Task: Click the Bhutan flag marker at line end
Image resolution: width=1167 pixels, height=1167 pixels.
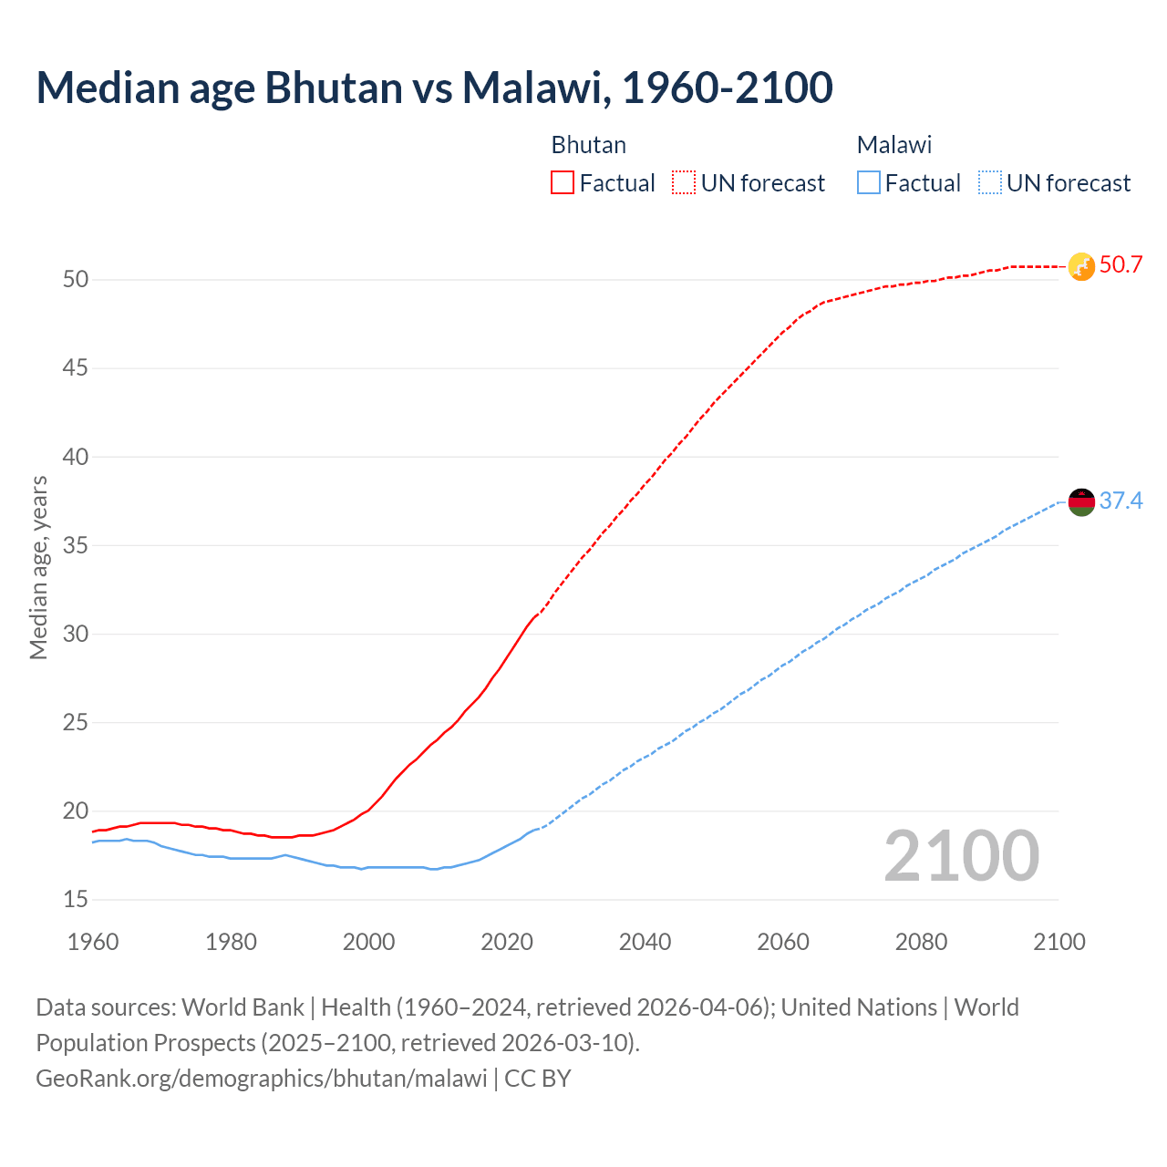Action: (x=1081, y=266)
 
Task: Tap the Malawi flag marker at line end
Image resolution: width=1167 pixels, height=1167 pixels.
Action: (x=1081, y=501)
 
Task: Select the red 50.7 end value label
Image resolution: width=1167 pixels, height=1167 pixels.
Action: (x=1121, y=265)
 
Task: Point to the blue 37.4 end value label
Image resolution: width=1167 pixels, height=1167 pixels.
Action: (x=1121, y=501)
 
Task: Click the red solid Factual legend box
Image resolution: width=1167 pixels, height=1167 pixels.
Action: (x=563, y=183)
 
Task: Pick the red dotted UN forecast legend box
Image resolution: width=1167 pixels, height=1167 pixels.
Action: (x=684, y=183)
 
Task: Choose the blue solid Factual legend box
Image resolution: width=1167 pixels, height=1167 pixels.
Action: (x=869, y=183)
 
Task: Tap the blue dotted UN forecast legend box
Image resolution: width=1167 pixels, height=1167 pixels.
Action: (x=990, y=183)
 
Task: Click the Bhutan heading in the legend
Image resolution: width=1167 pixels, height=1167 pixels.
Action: (x=588, y=145)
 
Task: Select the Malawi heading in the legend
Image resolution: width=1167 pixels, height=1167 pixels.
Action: (x=893, y=145)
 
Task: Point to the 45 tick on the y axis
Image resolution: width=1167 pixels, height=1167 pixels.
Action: (x=76, y=368)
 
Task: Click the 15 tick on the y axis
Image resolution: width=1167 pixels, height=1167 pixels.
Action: (x=76, y=900)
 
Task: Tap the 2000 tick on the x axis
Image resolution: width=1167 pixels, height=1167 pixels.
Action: (x=368, y=942)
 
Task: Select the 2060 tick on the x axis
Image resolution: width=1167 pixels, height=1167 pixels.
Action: (x=783, y=942)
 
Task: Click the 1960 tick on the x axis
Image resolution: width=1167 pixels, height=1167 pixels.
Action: (x=93, y=942)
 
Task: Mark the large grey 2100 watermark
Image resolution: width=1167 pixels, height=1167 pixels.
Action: (x=962, y=856)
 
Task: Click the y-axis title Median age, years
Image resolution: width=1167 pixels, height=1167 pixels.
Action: (x=38, y=567)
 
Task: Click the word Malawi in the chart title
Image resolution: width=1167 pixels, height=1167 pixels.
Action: (x=532, y=88)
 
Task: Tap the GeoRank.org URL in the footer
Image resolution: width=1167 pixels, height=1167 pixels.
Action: (x=262, y=1079)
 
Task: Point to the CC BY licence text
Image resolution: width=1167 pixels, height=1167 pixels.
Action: (x=538, y=1079)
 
